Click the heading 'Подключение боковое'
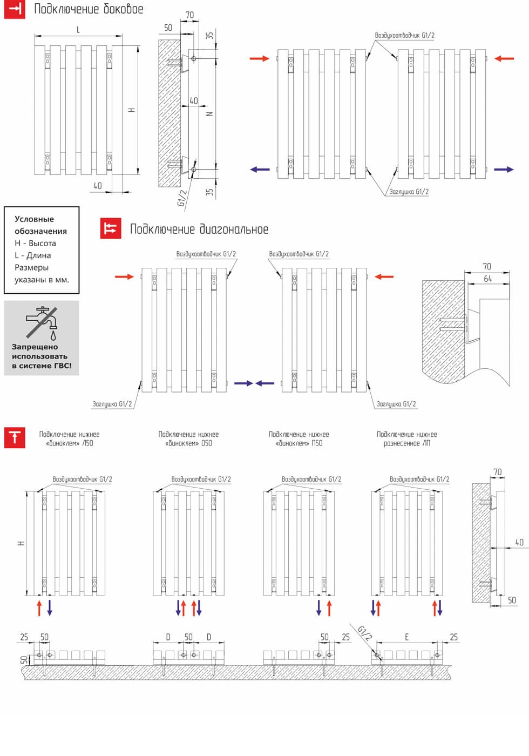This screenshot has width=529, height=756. pyautogui.click(x=89, y=9)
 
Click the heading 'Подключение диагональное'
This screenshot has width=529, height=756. pyautogui.click(x=199, y=230)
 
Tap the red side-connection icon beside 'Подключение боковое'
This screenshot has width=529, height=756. pyautogui.click(x=15, y=9)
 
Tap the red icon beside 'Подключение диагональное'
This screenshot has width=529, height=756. pyautogui.click(x=111, y=228)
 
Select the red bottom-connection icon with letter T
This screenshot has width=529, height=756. pyautogui.click(x=15, y=437)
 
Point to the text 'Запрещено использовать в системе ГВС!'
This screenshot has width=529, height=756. pyautogui.click(x=42, y=356)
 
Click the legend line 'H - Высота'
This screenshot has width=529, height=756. pyautogui.click(x=35, y=244)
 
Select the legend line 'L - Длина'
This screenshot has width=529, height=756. pyautogui.click(x=33, y=255)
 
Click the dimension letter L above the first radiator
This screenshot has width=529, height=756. pyautogui.click(x=78, y=30)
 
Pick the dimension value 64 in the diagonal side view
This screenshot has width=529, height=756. pyautogui.click(x=488, y=279)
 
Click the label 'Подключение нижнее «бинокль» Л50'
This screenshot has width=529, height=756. pyautogui.click(x=69, y=438)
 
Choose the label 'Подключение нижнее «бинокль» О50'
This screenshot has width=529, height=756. pyautogui.click(x=188, y=438)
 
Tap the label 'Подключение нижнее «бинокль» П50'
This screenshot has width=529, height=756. pyautogui.click(x=299, y=438)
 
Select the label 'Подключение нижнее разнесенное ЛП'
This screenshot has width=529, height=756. pyautogui.click(x=406, y=438)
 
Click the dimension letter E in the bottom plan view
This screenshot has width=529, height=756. pyautogui.click(x=407, y=637)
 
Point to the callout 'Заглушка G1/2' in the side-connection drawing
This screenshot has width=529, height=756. pyautogui.click(x=409, y=192)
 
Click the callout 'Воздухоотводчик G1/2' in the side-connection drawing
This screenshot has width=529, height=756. pyautogui.click(x=404, y=36)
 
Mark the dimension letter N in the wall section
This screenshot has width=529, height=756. pyautogui.click(x=210, y=114)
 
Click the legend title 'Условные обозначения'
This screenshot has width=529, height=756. pyautogui.click(x=41, y=225)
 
